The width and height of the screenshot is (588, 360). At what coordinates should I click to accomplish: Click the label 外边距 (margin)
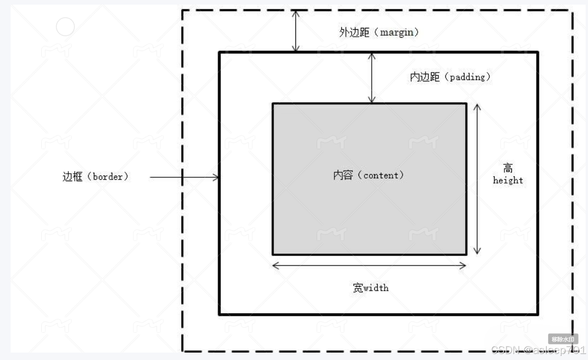point(379,33)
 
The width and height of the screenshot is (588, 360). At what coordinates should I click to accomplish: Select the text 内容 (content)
point(368,175)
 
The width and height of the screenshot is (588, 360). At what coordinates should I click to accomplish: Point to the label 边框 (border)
point(95,177)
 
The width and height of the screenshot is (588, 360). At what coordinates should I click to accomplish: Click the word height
point(508,180)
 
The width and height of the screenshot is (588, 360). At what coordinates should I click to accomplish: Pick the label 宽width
point(370,288)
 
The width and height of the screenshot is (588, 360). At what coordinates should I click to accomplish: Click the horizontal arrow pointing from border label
point(184,177)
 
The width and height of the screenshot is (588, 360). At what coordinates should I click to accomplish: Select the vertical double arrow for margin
point(295,31)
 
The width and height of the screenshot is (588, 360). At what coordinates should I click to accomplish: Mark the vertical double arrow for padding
point(371,77)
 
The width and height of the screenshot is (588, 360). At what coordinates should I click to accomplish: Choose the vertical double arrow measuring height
point(477,179)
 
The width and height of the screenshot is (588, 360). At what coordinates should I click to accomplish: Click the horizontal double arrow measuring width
point(369,266)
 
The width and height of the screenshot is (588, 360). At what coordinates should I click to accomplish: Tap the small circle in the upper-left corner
point(65,26)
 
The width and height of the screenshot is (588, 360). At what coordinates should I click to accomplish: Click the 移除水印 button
point(563,339)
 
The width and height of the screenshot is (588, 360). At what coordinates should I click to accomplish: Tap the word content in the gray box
point(380,175)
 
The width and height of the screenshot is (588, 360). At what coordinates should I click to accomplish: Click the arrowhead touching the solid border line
point(216,177)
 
